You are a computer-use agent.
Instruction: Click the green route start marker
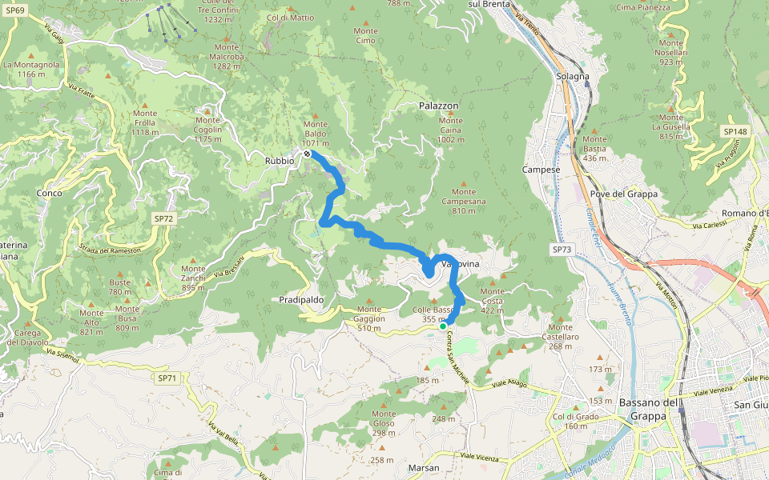[443, 326]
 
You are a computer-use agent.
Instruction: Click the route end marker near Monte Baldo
[307, 153]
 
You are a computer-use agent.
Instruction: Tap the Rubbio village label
[280, 161]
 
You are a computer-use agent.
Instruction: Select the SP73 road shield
[562, 250]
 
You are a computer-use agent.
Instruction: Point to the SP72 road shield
[163, 218]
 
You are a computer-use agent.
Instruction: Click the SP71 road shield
[167, 378]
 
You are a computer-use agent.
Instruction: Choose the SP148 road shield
[734, 131]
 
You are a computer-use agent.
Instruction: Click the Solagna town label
[572, 76]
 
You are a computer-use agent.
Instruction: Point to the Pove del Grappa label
[623, 194]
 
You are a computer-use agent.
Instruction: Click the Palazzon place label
[438, 106]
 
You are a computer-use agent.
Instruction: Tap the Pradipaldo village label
[302, 299]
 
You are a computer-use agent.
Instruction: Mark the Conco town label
[50, 193]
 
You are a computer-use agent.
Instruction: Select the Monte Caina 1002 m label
[450, 134]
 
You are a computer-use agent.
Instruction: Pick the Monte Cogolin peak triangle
[207, 110]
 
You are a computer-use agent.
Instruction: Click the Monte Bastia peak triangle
[594, 129]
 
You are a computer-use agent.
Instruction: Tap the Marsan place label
[423, 467]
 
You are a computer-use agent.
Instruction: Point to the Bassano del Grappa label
[650, 409]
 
